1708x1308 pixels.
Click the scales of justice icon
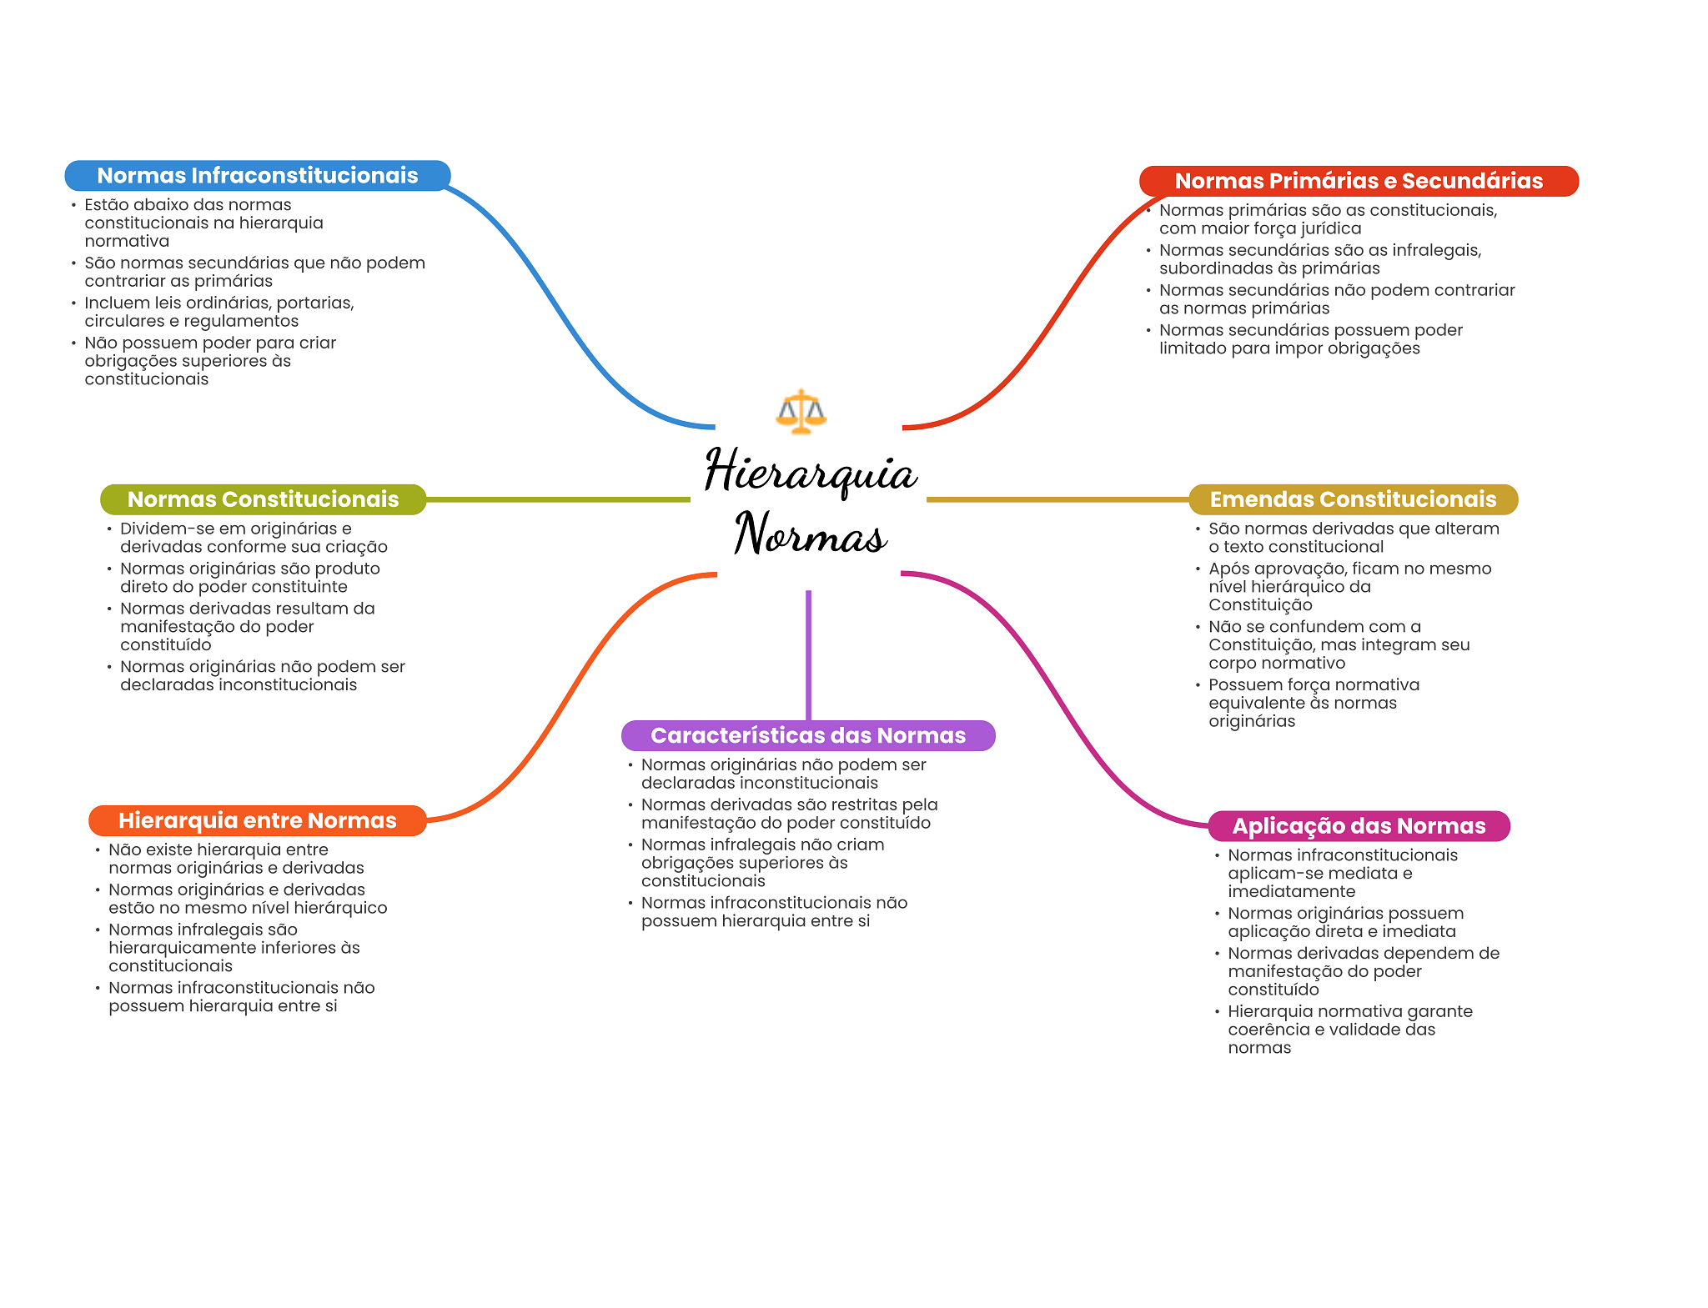pyautogui.click(x=801, y=412)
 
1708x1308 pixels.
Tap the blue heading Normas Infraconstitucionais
pyautogui.click(x=258, y=176)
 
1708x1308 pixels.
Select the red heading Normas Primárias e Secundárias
pyautogui.click(x=1359, y=181)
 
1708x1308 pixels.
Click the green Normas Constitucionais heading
pyautogui.click(x=263, y=499)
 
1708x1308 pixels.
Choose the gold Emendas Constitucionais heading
pyautogui.click(x=1353, y=499)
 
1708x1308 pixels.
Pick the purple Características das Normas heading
pyautogui.click(x=807, y=735)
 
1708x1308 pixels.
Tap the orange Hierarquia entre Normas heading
pyautogui.click(x=257, y=820)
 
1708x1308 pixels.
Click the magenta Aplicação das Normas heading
pyautogui.click(x=1359, y=826)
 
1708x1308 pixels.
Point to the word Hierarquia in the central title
pyautogui.click(x=810, y=472)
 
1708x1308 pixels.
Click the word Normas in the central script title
pyautogui.click(x=810, y=534)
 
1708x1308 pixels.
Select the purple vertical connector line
pyautogui.click(x=808, y=654)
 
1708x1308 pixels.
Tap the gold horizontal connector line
pyautogui.click(x=1057, y=499)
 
